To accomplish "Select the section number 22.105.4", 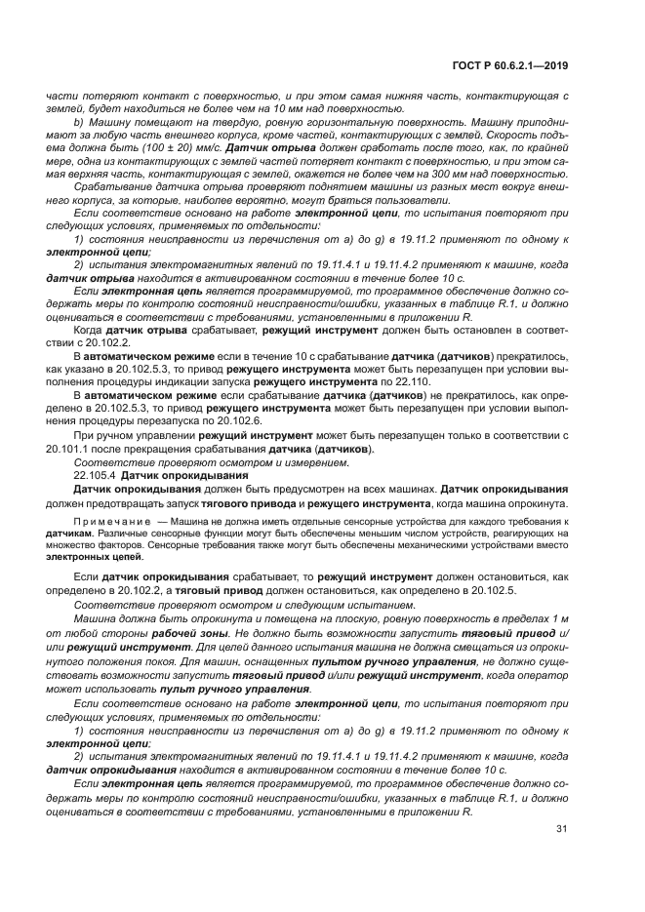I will tap(96, 474).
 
